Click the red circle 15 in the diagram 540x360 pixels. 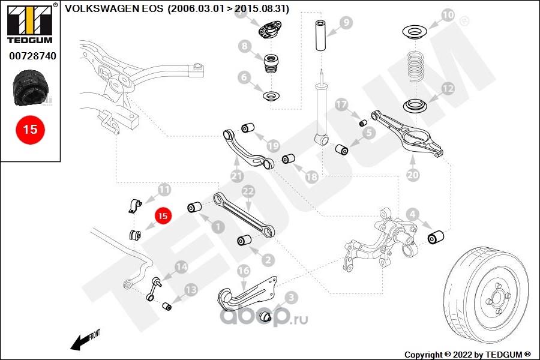pos(163,215)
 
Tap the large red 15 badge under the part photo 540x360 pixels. pos(31,130)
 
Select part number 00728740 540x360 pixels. pos(32,56)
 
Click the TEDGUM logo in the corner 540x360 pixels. pos(30,23)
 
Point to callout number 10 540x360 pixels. pos(448,15)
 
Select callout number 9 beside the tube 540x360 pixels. pos(346,23)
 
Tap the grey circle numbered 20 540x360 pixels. pos(413,175)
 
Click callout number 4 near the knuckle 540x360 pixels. pos(412,214)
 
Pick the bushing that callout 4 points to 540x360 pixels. pos(436,238)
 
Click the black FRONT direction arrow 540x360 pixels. pos(79,343)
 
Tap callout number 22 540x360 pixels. pos(248,191)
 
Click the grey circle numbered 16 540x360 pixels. pos(243,271)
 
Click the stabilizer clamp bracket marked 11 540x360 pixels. pos(135,206)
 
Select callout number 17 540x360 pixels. pos(341,104)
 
